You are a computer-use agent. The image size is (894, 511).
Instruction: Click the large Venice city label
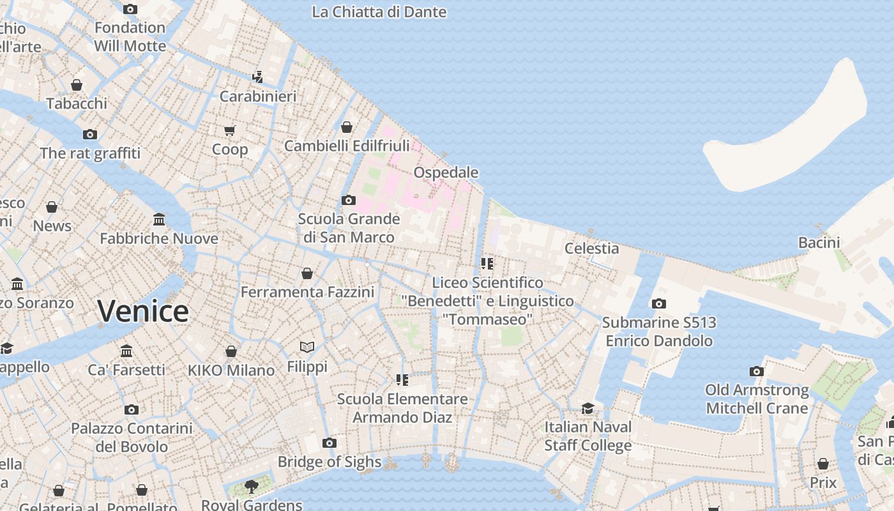(143, 311)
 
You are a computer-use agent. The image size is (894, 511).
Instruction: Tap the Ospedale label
(446, 172)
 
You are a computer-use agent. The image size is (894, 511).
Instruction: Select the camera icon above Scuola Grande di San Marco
(349, 200)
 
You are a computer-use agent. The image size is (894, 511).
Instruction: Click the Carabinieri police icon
(258, 77)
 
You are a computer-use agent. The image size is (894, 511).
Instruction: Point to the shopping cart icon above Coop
(230, 130)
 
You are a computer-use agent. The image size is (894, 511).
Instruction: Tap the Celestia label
(592, 248)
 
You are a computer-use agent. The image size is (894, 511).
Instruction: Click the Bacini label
(819, 242)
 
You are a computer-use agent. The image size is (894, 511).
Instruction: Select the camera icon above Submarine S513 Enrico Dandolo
(659, 303)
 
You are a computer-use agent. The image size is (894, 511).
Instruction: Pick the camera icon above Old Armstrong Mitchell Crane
(757, 371)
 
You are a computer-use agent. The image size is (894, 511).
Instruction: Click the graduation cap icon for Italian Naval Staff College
(587, 408)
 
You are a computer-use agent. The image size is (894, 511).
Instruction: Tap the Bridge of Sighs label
(330, 462)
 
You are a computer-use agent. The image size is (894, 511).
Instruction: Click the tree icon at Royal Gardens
(252, 486)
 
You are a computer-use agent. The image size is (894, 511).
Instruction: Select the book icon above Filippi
(307, 347)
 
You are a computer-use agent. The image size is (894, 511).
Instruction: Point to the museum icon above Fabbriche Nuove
(159, 220)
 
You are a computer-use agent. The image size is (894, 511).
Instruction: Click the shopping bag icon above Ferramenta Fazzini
(307, 273)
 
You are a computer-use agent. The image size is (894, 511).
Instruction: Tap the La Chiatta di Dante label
(379, 11)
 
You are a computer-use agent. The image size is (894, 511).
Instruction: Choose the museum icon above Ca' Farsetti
(126, 351)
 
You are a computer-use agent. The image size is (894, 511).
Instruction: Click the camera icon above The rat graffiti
(90, 134)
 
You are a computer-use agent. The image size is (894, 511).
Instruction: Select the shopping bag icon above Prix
(823, 464)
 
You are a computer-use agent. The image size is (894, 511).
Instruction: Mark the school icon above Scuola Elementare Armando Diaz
(402, 380)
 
